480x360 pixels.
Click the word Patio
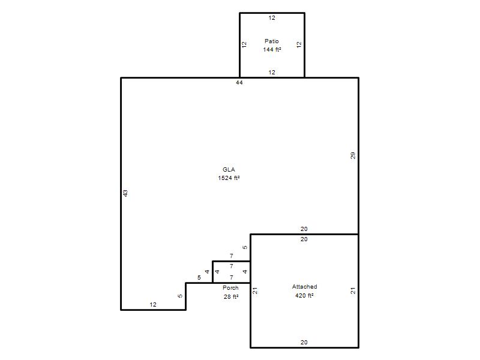[x=272, y=41]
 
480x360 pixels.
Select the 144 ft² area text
[x=272, y=49]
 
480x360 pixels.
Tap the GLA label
[x=229, y=170]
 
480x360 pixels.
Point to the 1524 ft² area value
[x=229, y=178]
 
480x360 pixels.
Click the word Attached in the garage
[x=304, y=287]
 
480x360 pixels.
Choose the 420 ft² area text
[x=304, y=295]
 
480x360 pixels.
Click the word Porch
[x=230, y=288]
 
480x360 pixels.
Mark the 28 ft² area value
[x=231, y=296]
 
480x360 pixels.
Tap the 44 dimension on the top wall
[x=239, y=83]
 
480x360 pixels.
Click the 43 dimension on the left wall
[x=125, y=193]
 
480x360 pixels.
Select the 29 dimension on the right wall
[x=353, y=155]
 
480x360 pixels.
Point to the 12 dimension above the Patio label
[x=272, y=18]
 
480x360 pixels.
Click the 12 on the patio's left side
[x=244, y=44]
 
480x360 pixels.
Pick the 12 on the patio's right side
[x=299, y=44]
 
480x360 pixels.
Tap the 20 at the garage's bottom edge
[x=304, y=343]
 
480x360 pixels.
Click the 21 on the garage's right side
[x=353, y=291]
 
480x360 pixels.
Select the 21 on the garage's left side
[x=254, y=291]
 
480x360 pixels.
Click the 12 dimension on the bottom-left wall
[x=153, y=305]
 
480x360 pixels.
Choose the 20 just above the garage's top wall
[x=304, y=229]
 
